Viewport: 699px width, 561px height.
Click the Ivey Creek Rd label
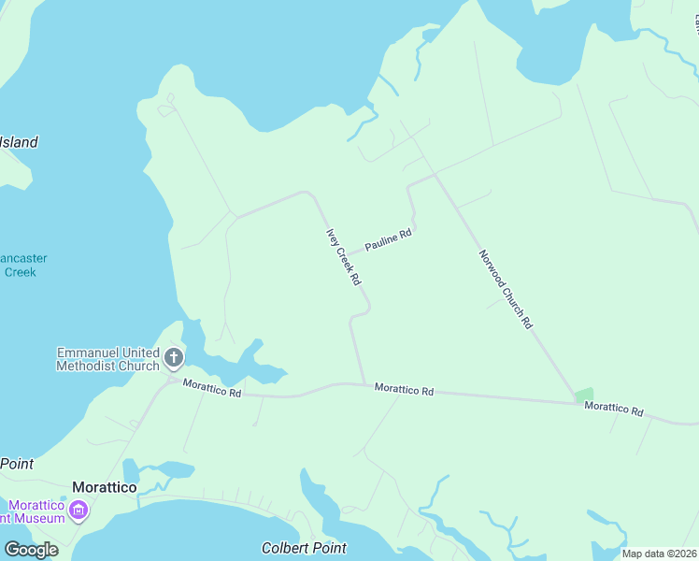(x=343, y=257)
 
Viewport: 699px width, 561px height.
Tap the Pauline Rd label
(x=388, y=240)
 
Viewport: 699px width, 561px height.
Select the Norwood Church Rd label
(x=505, y=289)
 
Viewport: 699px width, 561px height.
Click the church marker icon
(x=173, y=357)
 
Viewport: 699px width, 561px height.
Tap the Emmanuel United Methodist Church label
(x=107, y=359)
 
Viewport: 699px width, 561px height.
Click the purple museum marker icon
(x=78, y=511)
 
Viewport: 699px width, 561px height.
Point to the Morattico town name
(x=105, y=488)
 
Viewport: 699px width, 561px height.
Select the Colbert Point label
(x=304, y=548)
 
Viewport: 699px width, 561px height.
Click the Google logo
(x=32, y=550)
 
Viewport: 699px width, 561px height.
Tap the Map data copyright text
(x=659, y=554)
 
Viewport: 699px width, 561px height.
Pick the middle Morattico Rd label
(x=404, y=390)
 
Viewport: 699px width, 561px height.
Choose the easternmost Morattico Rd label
(x=614, y=410)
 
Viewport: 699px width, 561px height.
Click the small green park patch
(x=583, y=396)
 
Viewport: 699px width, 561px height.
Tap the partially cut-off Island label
(x=19, y=143)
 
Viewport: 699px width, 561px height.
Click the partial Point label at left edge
(x=17, y=464)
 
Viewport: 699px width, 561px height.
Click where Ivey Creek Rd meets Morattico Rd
(x=364, y=383)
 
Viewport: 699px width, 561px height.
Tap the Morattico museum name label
(x=32, y=511)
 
